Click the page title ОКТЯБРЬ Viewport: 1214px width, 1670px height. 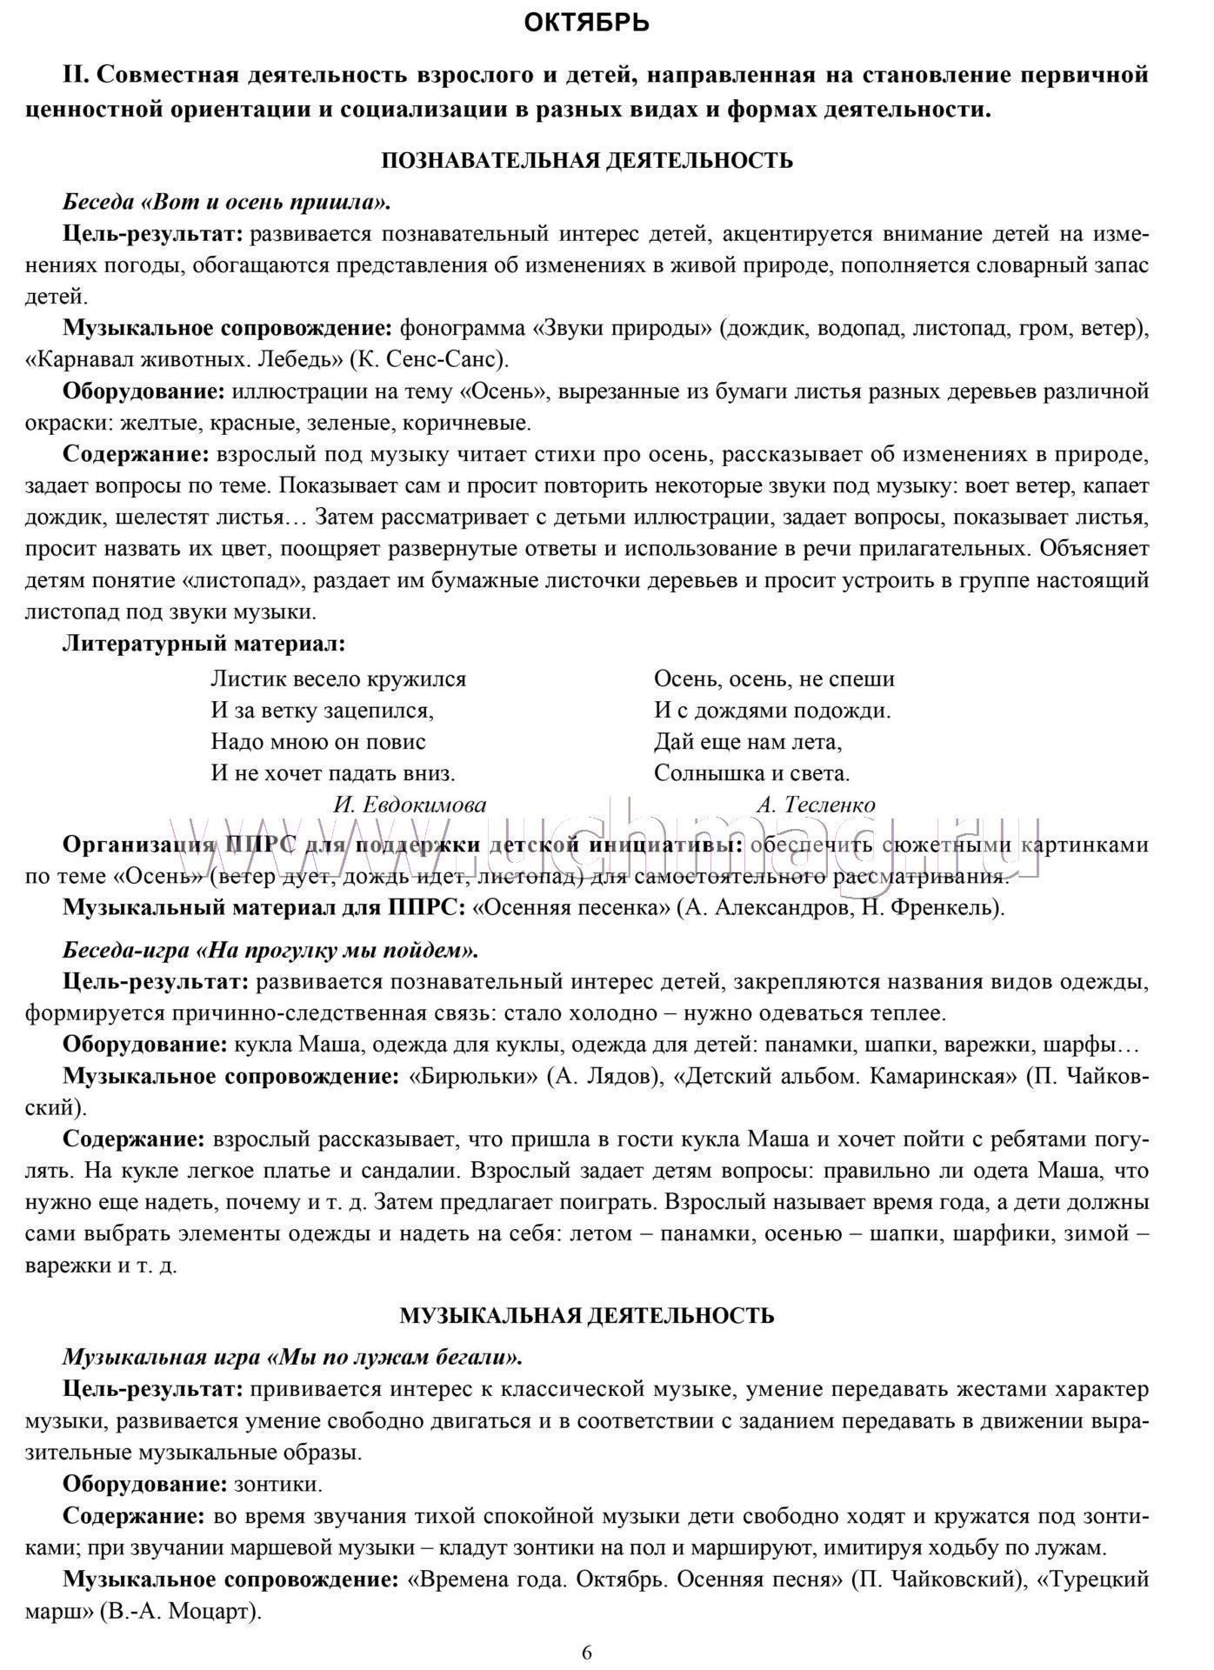[x=587, y=23]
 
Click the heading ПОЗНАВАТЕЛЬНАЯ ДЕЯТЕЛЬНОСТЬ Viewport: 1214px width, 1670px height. [x=587, y=160]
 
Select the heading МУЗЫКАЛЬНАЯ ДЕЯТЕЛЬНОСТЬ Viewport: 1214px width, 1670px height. [x=587, y=1315]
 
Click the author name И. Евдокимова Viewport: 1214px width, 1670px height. [x=410, y=805]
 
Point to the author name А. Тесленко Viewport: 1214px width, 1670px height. [x=816, y=805]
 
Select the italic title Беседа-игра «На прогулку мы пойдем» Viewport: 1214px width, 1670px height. [x=270, y=950]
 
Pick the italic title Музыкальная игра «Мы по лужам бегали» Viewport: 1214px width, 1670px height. [x=292, y=1357]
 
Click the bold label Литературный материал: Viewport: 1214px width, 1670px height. [x=204, y=645]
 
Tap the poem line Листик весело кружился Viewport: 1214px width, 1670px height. [x=338, y=678]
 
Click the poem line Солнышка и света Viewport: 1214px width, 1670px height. [x=751, y=772]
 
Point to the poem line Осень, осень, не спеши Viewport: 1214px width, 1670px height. [x=774, y=678]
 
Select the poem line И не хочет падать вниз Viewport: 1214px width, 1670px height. [x=333, y=772]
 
